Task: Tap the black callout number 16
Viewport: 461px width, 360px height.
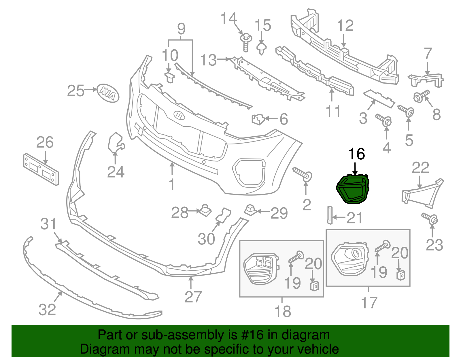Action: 357,154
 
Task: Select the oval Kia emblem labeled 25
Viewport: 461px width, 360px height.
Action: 108,93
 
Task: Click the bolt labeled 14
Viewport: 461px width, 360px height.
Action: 246,42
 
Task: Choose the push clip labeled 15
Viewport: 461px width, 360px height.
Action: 261,48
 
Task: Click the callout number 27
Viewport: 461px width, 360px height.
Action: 193,297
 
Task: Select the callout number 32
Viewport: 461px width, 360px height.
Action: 47,310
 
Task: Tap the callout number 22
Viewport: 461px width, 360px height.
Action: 420,168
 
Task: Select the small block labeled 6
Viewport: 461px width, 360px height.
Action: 258,119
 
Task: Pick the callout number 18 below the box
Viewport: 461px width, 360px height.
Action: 283,312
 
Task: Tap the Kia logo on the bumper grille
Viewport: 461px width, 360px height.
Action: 180,115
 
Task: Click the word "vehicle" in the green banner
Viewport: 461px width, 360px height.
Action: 318,349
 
